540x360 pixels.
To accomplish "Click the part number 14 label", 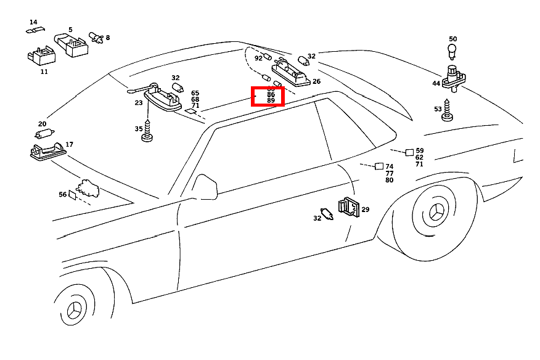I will [x=33, y=22].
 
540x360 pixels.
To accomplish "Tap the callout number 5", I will [x=70, y=30].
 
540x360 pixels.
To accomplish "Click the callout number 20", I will [x=42, y=124].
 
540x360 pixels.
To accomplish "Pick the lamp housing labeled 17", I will [x=47, y=150].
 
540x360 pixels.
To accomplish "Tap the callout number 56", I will [x=63, y=194].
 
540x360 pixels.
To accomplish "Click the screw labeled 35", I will [x=148, y=131].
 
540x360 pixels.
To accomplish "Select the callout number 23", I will [x=139, y=104].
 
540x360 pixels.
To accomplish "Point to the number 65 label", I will [x=195, y=93].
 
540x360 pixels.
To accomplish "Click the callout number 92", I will [x=258, y=59].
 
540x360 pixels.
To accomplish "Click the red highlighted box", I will [x=268, y=96].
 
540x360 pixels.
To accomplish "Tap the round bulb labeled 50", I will [x=452, y=50].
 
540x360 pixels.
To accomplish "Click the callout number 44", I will [x=436, y=83].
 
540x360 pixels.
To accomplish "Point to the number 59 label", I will [x=420, y=150].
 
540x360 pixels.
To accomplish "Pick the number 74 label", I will [x=389, y=167].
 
